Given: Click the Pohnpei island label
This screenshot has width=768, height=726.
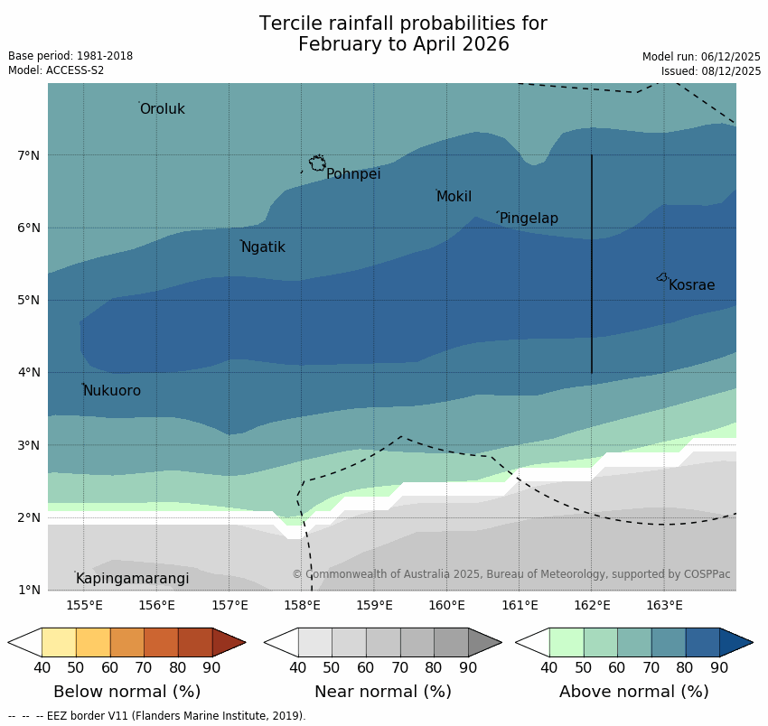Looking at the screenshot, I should (x=353, y=174).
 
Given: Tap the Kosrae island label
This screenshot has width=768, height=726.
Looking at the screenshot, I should (x=691, y=285).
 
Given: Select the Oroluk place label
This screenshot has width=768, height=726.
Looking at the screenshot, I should (x=162, y=109).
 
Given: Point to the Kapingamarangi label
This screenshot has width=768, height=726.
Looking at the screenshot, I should (x=132, y=579).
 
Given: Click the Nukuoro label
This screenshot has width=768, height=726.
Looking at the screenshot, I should (x=112, y=391).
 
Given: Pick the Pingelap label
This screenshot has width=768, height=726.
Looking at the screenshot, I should (x=529, y=219).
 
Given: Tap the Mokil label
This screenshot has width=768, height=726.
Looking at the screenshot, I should (x=454, y=197).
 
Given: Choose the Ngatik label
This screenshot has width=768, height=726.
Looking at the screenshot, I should (x=263, y=247).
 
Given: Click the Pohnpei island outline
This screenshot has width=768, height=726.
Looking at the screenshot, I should (x=317, y=163).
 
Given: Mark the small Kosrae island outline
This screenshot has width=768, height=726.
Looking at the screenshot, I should (x=662, y=277).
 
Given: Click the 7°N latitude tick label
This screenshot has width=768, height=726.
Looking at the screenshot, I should (x=29, y=155).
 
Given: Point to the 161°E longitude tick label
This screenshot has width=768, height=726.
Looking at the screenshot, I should (x=520, y=605).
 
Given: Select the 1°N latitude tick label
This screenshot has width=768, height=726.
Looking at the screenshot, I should (x=29, y=590).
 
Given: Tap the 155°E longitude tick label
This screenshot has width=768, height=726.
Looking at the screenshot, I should (x=84, y=605).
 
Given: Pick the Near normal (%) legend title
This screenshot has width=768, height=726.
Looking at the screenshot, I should (x=382, y=692).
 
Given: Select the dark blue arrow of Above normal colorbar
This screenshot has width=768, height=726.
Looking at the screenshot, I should (x=735, y=642).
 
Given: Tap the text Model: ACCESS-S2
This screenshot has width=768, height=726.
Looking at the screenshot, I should (x=56, y=70).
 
